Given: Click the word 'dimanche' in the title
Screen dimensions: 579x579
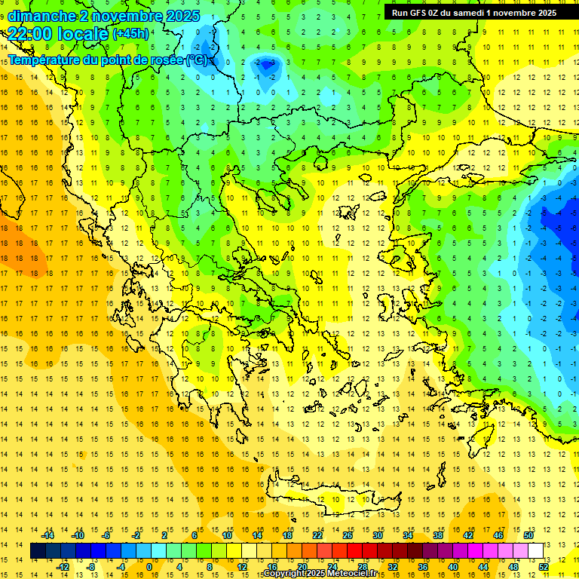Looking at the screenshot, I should (x=42, y=16).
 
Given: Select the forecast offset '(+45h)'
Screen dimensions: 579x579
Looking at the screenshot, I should (x=130, y=34).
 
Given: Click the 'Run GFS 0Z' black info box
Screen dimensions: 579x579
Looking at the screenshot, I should (x=474, y=12).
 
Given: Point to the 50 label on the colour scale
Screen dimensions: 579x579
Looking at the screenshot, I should (x=528, y=535).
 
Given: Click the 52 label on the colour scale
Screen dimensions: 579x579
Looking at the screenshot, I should (x=543, y=567).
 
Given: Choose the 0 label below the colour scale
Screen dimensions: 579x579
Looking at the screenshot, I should (x=149, y=567).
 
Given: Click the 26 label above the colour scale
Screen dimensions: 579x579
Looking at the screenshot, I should (x=348, y=535).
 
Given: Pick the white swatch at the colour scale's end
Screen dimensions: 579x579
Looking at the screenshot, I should (x=535, y=551).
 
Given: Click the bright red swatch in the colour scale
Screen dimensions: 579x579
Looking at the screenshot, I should (x=355, y=551).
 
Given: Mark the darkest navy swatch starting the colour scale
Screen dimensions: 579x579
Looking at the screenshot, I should (x=38, y=551).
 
